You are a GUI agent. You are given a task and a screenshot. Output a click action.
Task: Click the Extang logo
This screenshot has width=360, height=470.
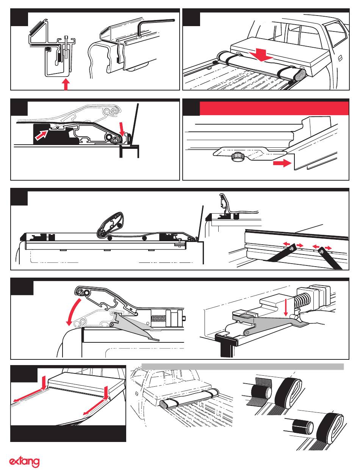[24, 462]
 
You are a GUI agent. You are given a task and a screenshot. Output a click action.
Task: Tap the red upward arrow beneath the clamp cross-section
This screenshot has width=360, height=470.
[66, 84]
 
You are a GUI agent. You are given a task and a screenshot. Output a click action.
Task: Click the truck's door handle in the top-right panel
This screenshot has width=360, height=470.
[339, 58]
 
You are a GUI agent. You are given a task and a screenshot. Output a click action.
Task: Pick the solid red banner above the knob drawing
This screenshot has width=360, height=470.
[274, 108]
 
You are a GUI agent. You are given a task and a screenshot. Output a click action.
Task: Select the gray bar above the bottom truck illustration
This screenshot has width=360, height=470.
[243, 366]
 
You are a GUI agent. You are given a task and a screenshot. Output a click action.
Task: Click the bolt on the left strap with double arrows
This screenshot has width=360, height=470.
[292, 247]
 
